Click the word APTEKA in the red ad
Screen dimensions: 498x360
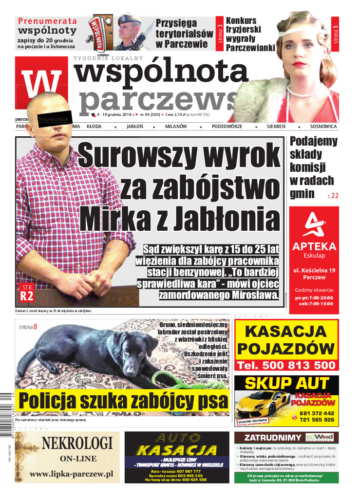314,246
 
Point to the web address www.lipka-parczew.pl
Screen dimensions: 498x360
71,474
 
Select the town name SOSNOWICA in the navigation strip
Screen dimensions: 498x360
323,127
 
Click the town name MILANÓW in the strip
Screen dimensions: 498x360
176,127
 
